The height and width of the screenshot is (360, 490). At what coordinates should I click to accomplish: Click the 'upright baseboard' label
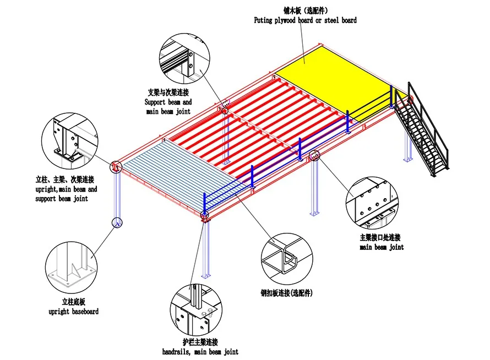tap(73, 312)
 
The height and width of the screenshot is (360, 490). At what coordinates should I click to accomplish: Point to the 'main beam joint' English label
tap(382, 247)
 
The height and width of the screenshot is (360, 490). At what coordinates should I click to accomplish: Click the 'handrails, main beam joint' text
tap(200, 351)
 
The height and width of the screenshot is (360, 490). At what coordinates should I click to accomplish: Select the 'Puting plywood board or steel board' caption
tap(305, 20)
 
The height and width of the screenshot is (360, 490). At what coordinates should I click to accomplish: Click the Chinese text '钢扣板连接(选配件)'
tap(291, 293)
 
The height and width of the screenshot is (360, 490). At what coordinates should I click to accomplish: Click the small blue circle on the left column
tap(117, 222)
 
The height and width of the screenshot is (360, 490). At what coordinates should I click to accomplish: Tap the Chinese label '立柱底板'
tap(73, 302)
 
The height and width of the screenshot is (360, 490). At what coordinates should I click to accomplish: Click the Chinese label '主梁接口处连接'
tap(380, 238)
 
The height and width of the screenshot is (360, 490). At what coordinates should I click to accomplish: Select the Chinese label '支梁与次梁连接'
tap(168, 92)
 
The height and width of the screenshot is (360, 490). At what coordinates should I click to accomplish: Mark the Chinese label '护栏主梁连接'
tap(199, 342)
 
